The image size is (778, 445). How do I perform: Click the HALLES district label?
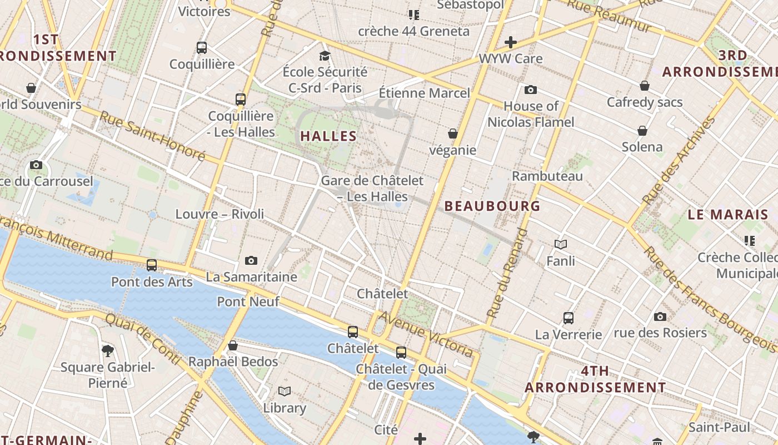328,136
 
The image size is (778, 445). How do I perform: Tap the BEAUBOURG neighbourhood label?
492,206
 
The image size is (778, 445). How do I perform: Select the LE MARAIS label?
728,215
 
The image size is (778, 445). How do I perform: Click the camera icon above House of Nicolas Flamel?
531,90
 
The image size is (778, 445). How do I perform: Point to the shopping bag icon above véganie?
453,133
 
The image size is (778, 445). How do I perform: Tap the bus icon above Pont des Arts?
152,265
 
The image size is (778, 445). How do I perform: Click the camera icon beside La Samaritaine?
251,260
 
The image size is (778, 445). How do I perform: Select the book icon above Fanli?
561,244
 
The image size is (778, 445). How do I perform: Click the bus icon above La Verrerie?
568,318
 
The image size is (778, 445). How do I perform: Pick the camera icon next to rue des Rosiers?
660,317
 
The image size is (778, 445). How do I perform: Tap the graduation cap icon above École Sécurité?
325,56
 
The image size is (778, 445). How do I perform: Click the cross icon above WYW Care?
511,42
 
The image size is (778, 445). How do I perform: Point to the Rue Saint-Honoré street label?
152,136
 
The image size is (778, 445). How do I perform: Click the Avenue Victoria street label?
427,334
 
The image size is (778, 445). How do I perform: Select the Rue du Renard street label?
507,273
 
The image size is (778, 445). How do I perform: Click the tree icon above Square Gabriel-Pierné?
108,350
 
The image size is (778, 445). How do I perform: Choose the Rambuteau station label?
547,176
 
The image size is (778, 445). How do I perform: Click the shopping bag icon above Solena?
642,131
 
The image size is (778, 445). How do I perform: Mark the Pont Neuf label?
248,301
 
